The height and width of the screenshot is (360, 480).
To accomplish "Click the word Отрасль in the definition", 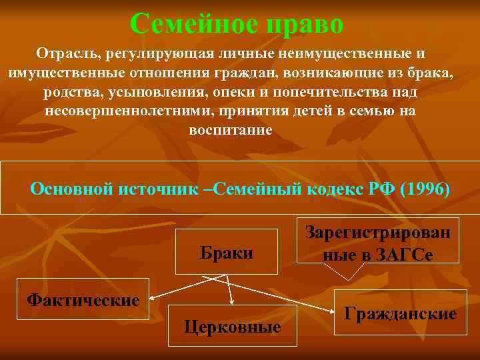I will point(63,53).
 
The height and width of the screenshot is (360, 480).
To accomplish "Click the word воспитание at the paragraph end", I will point(230,130).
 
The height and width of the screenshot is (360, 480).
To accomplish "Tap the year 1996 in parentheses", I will point(425,188).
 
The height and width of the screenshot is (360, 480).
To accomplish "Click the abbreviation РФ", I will point(380,188).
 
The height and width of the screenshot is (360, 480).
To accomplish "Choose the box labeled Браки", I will point(227,252).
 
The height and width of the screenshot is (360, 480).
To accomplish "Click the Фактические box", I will point(83,299).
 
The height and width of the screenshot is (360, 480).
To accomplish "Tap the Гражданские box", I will point(400,313).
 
